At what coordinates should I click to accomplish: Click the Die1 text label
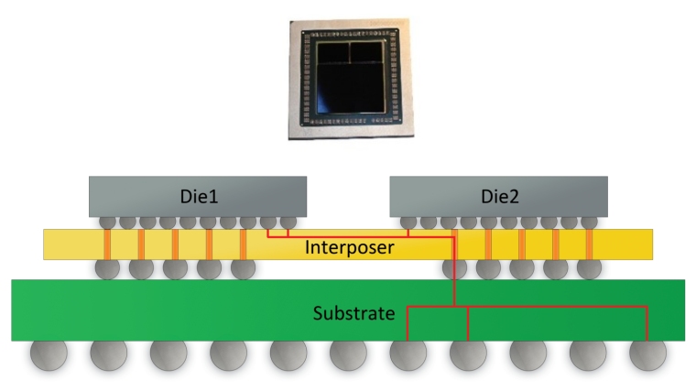[198, 195]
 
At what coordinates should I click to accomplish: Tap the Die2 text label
[498, 195]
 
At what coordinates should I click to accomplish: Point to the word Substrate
[354, 314]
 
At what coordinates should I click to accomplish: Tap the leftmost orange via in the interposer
[107, 244]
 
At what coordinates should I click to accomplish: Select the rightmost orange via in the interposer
[589, 244]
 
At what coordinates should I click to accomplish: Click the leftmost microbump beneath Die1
[108, 222]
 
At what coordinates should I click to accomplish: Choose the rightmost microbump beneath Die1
[288, 222]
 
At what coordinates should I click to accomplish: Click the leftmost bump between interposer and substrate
[107, 267]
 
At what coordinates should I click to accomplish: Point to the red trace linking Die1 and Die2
[348, 235]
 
